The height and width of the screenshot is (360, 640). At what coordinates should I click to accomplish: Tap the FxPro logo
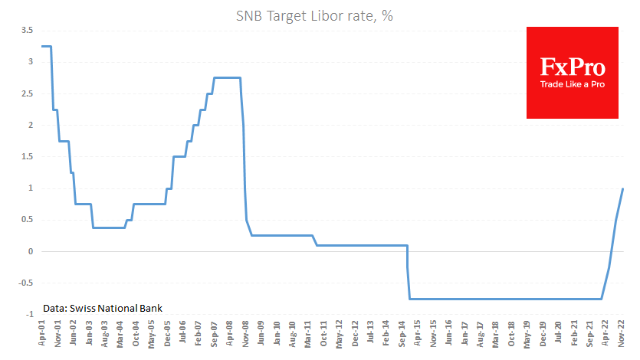pyautogui.click(x=572, y=73)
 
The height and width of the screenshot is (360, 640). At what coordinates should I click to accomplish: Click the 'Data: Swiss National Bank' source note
pyautogui.click(x=103, y=308)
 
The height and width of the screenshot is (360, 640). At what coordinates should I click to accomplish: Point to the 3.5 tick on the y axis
pyautogui.click(x=27, y=30)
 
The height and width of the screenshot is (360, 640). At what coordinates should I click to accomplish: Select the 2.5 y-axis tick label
pyautogui.click(x=27, y=93)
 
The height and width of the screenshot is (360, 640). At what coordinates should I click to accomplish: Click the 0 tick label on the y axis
pyautogui.click(x=31, y=251)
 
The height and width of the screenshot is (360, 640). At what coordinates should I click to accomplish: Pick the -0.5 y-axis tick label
pyautogui.click(x=25, y=283)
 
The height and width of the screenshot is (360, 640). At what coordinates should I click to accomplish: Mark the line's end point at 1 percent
pyautogui.click(x=622, y=188)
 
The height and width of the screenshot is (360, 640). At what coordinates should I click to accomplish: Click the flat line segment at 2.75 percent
pyautogui.click(x=227, y=77)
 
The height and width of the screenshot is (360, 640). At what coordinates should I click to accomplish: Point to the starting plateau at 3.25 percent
pyautogui.click(x=46, y=46)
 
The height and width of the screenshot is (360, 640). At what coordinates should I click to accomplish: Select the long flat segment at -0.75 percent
pyautogui.click(x=506, y=299)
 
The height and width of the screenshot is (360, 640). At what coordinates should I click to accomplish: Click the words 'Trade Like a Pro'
pyautogui.click(x=573, y=83)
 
